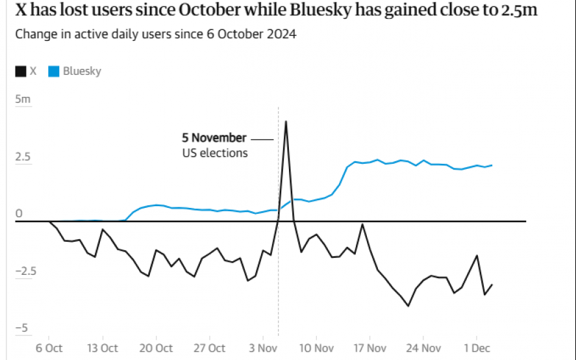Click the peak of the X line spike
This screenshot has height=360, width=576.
tap(286, 122)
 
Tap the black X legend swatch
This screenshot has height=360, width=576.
tap(21, 71)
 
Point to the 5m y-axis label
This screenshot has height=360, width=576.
tap(23, 99)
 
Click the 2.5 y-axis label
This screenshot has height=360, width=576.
tap(23, 157)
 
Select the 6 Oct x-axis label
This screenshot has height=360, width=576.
tap(49, 348)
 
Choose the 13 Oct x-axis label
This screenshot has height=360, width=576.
tap(102, 348)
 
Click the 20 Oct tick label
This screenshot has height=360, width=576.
tap(156, 348)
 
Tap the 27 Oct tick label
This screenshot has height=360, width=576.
tap(209, 348)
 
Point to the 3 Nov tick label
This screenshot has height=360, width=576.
tap(262, 348)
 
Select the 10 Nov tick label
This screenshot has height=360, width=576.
tap(316, 348)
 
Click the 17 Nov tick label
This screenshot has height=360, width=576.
tap(369, 348)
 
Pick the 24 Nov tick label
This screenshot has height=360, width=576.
tap(423, 348)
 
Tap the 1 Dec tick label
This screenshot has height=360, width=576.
tap(476, 348)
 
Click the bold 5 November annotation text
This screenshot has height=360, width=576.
tap(214, 138)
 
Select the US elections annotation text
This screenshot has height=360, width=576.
tap(214, 153)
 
